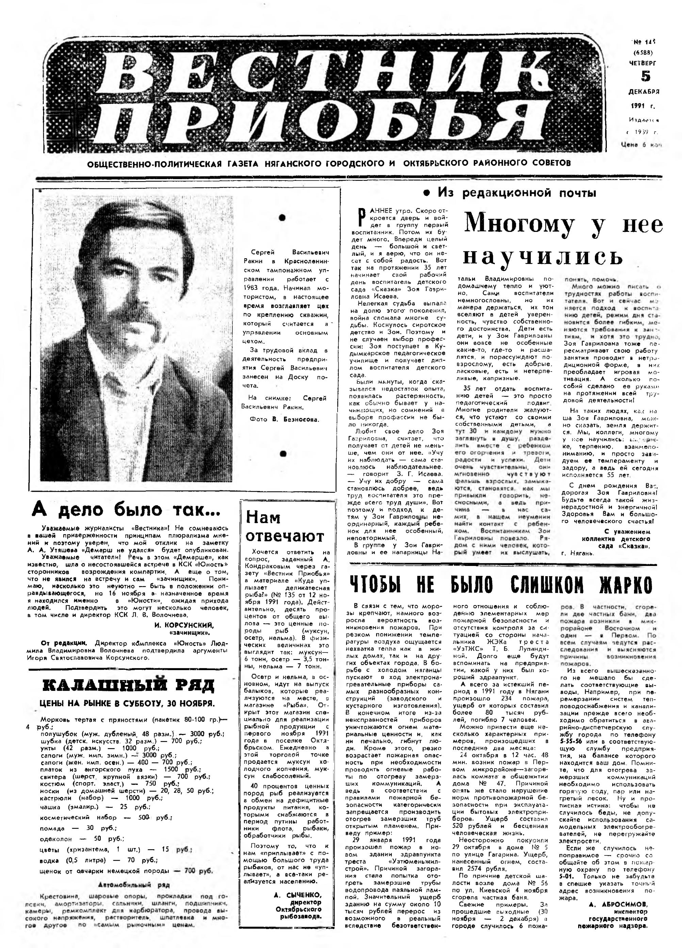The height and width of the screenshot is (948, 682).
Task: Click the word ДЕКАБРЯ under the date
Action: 644,92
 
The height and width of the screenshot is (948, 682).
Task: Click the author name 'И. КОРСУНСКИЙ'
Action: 184,625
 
